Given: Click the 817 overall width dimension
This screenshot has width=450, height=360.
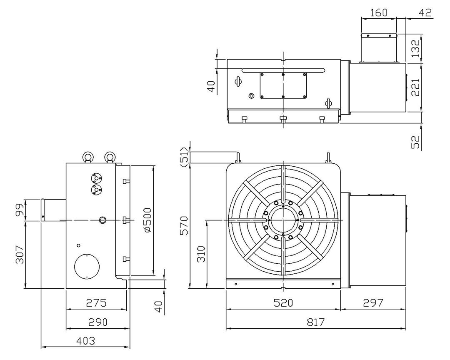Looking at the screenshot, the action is (316, 322).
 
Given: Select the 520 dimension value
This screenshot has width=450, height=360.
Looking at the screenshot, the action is (283, 303).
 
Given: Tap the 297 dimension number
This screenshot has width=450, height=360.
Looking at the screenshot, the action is (373, 303).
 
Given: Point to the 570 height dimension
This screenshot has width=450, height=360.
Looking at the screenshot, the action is (184, 226).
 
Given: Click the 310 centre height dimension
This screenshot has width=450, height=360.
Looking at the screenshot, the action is (201, 254).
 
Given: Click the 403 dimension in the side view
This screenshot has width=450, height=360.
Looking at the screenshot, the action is (85, 341).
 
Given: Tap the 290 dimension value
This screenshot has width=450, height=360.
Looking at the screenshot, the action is (97, 322).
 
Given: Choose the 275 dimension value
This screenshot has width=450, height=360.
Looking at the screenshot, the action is (96, 303).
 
